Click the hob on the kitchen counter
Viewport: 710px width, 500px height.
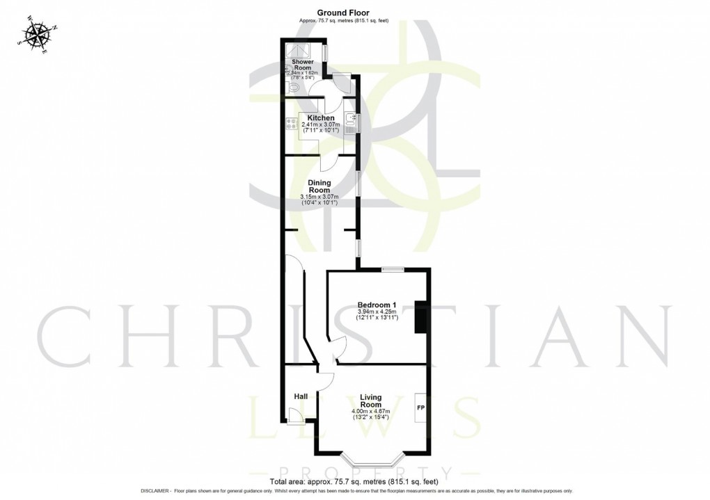(x=290, y=125)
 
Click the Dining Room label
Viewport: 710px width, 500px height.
(x=319, y=186)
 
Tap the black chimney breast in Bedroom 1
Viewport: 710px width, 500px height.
(x=420, y=316)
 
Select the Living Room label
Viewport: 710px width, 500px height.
(x=370, y=401)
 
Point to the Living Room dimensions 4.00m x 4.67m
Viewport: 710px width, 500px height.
(x=370, y=412)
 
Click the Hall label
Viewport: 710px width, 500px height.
(x=301, y=396)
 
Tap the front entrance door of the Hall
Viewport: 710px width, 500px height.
(x=296, y=416)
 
